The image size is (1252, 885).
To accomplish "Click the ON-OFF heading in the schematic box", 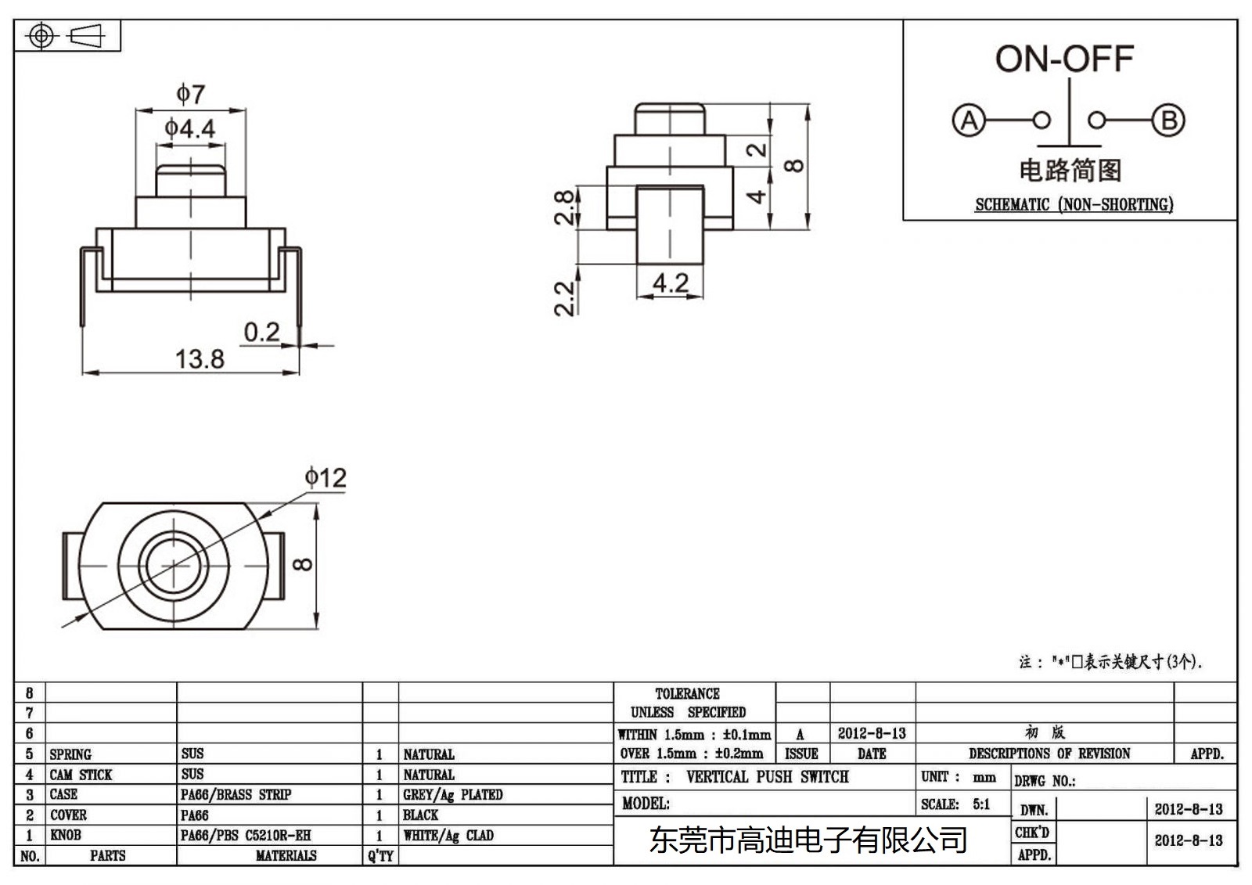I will click(1064, 59).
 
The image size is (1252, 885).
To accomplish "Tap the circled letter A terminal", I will click(969, 121).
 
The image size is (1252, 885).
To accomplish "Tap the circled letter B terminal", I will click(1168, 121).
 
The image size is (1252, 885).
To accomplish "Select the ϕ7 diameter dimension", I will click(190, 95).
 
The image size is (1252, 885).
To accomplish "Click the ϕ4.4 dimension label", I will click(190, 128).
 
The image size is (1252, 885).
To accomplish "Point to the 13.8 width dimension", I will click(200, 359).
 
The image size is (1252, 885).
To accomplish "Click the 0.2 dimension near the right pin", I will click(261, 332).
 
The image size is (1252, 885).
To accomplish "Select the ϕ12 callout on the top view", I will click(326, 477).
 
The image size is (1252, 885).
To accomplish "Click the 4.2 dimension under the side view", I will click(671, 282).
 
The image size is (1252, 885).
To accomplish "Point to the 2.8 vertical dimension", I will click(564, 207).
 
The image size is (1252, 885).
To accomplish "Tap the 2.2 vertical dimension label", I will click(564, 298).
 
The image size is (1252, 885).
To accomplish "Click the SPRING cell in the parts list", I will click(70, 754).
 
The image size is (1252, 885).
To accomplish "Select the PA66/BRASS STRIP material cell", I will click(236, 794).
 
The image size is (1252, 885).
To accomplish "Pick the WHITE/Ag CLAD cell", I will click(448, 836).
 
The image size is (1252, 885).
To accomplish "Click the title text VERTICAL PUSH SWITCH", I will click(767, 777).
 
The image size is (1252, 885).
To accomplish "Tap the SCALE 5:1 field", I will click(955, 804).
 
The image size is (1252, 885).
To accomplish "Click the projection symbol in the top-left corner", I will click(67, 36).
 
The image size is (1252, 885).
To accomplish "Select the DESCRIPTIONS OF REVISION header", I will click(1049, 754).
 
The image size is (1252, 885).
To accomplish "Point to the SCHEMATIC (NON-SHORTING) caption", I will click(1074, 205).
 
